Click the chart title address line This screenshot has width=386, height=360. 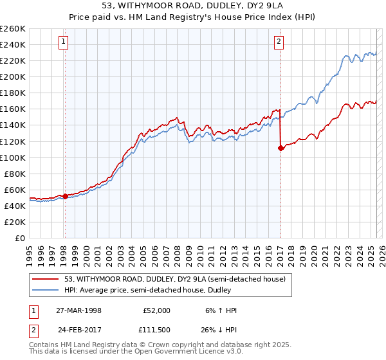pos(192,6)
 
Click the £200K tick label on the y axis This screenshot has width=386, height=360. pos(13,76)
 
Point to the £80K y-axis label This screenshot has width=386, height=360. pos(14,174)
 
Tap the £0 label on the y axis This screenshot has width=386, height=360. pos(21,238)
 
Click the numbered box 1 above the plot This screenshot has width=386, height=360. pos(64,42)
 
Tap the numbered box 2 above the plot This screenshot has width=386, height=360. pos(279,42)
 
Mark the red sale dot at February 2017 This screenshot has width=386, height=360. pos(280,148)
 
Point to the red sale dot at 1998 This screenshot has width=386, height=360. pos(65,196)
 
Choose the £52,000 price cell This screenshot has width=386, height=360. pos(156,310)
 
